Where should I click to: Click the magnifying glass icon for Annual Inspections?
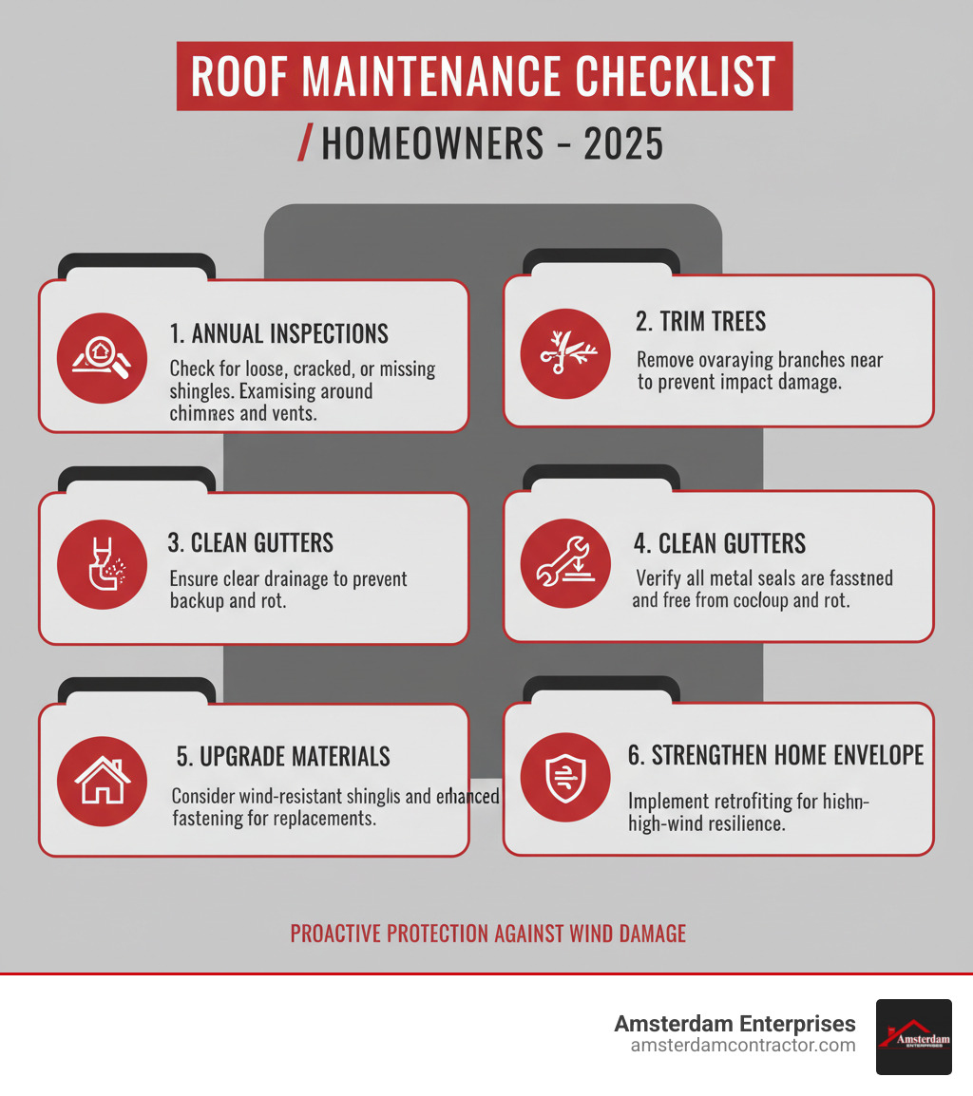(x=102, y=357)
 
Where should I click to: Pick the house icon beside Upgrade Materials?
(x=102, y=780)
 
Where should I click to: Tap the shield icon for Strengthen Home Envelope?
(x=565, y=779)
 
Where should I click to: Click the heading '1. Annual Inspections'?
(x=278, y=333)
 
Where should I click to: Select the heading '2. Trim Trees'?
(x=700, y=321)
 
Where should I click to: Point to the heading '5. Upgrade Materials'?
(x=283, y=756)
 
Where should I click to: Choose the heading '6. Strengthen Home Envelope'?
(x=775, y=754)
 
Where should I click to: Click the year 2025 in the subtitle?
(x=623, y=144)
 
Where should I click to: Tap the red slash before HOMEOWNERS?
(x=305, y=144)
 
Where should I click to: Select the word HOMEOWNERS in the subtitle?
(x=432, y=144)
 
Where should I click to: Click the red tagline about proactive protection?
(x=487, y=933)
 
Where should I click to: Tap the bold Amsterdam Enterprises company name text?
(x=735, y=1024)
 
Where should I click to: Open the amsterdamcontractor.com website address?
(x=742, y=1046)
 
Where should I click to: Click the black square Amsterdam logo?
(x=913, y=1037)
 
